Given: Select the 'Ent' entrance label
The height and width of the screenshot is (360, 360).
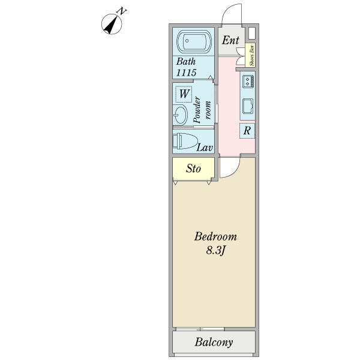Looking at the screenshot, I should [x=231, y=41].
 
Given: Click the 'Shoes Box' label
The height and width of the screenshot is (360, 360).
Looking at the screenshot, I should [x=252, y=56].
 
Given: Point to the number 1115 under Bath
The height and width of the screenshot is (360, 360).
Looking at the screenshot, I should [x=186, y=72].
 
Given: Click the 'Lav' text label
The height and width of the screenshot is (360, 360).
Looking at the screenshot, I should [x=206, y=147].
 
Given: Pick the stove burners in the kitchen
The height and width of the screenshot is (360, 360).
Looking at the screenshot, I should [x=248, y=81].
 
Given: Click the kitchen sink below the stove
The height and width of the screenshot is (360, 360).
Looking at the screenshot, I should [x=248, y=107].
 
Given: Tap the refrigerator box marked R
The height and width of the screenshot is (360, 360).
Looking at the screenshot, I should [x=247, y=131].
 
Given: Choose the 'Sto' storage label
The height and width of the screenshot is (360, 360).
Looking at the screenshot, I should [x=193, y=169].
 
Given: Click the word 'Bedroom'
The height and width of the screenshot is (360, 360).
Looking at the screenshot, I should [x=215, y=236].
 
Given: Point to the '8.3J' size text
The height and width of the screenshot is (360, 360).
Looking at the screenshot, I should [x=215, y=251].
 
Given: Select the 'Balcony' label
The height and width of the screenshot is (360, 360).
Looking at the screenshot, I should [x=214, y=343].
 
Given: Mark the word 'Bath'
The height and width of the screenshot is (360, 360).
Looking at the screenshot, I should [x=185, y=61].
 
